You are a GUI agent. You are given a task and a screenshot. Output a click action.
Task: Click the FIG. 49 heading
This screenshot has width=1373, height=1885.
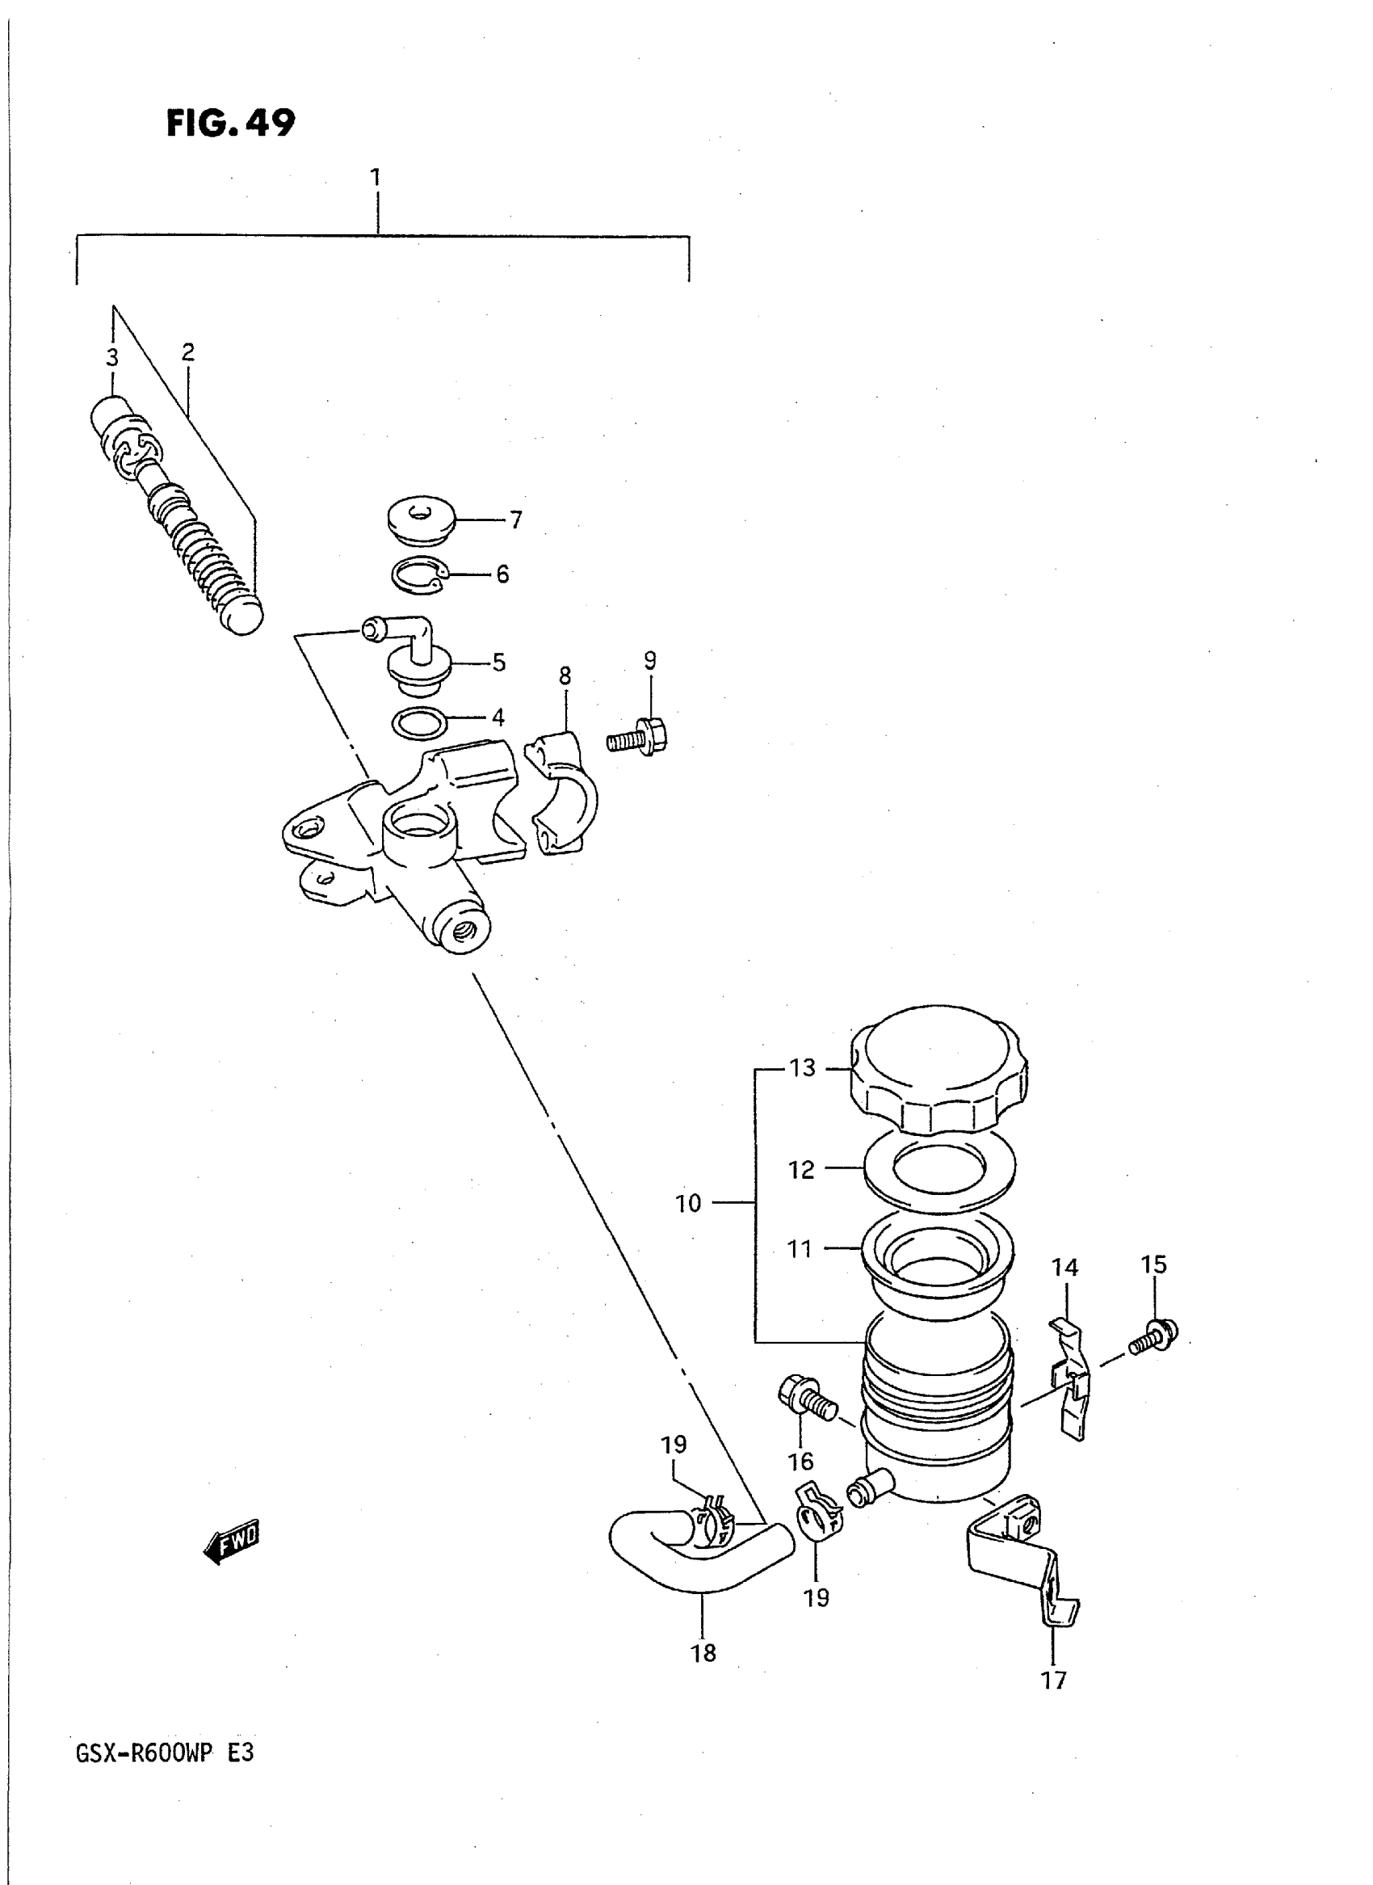[x=231, y=123]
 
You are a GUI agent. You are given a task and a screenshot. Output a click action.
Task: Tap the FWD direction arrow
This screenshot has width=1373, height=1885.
[x=232, y=1542]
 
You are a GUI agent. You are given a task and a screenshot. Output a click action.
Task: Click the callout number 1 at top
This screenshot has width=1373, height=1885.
[x=376, y=177]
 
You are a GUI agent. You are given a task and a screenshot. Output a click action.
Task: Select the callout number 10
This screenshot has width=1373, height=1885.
[x=688, y=1203]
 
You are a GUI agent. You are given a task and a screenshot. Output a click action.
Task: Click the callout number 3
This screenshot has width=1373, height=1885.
[x=112, y=358]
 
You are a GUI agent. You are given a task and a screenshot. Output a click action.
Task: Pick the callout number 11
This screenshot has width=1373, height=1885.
[x=800, y=1273]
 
